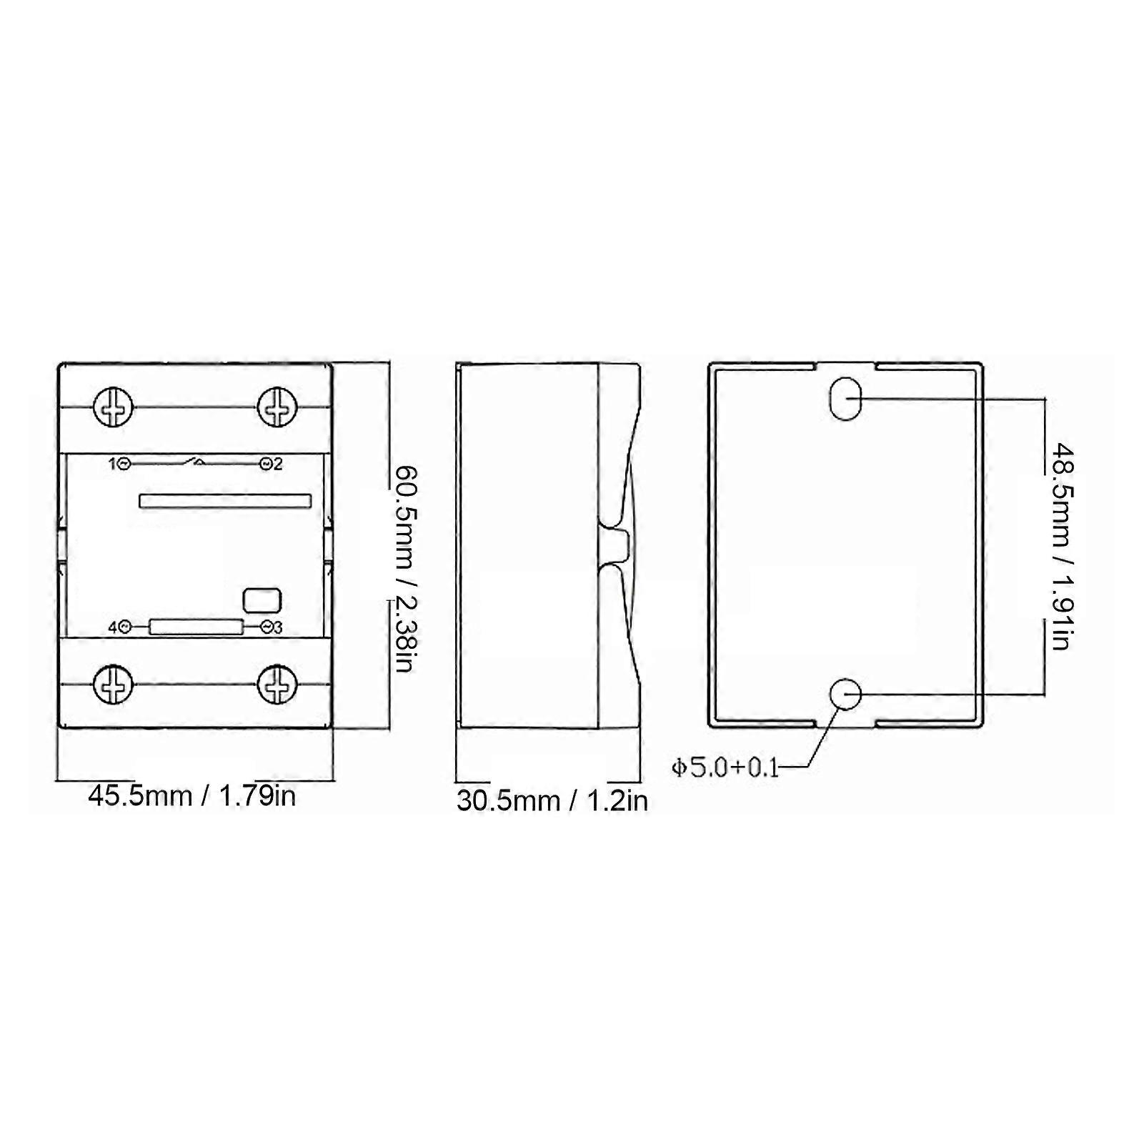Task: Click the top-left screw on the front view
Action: [x=114, y=407]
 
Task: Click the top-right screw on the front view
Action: [x=277, y=407]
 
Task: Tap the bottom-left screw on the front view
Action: [x=114, y=685]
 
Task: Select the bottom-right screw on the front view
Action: [x=277, y=685]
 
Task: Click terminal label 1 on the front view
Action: [x=112, y=464]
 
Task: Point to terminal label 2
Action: [x=278, y=464]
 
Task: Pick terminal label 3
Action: [x=278, y=627]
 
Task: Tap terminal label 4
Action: [x=112, y=627]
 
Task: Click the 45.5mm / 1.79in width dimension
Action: [x=192, y=795]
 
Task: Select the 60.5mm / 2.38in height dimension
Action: [x=405, y=568]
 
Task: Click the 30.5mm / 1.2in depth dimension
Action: [x=552, y=800]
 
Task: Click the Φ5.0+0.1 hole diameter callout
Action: [x=725, y=768]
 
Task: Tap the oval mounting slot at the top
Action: [x=845, y=398]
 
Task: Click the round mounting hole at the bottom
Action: [x=845, y=694]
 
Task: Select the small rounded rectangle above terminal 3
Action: [x=262, y=600]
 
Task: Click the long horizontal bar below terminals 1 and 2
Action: [x=224, y=501]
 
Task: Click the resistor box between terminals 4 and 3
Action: [x=195, y=627]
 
